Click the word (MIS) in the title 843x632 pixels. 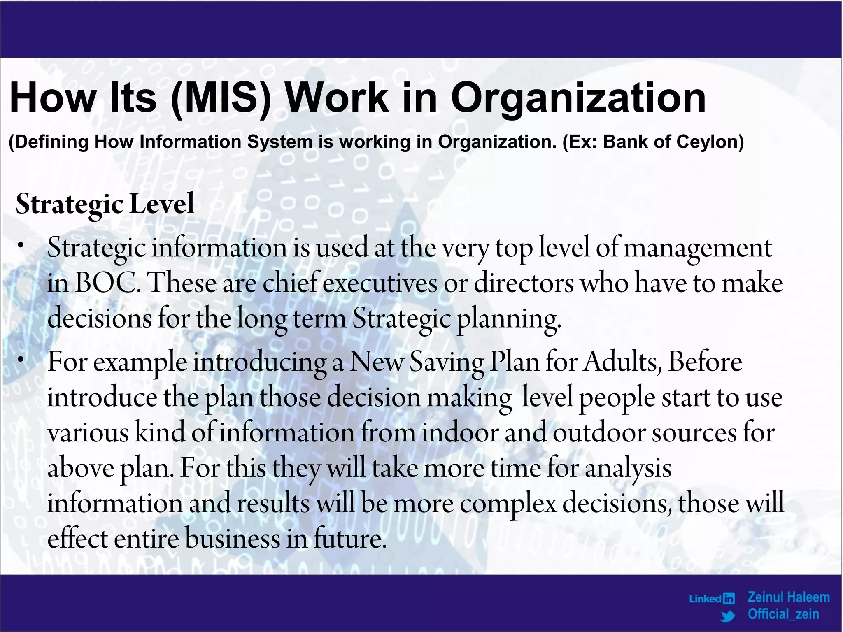(x=221, y=98)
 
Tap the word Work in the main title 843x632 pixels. (x=337, y=98)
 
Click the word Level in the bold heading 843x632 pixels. (x=162, y=204)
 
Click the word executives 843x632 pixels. (x=380, y=283)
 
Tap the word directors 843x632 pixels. (x=524, y=283)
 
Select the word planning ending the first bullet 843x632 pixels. (x=509, y=319)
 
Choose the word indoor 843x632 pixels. (x=460, y=433)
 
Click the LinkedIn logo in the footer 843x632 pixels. (x=712, y=598)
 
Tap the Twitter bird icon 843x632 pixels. (x=728, y=616)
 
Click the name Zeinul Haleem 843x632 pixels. (x=788, y=597)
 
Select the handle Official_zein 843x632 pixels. (x=783, y=614)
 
